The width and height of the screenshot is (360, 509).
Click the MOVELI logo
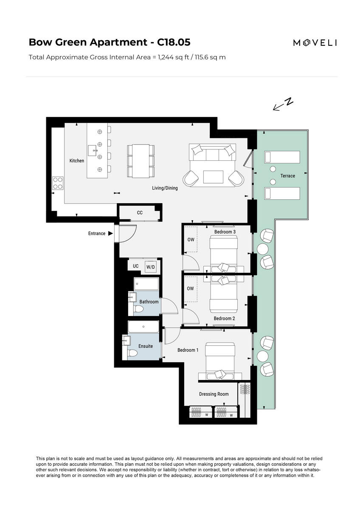pyautogui.click(x=315, y=42)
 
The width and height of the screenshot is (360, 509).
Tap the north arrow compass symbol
pyautogui.click(x=283, y=104)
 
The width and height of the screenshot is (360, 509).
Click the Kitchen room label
pyautogui.click(x=77, y=161)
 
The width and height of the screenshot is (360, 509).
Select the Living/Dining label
pyautogui.click(x=165, y=188)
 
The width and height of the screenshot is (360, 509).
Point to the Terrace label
pyautogui.click(x=287, y=176)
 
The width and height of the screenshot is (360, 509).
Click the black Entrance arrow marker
pyautogui.click(x=110, y=233)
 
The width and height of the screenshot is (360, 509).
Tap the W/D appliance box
pyautogui.click(x=151, y=267)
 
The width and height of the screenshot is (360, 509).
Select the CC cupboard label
pyautogui.click(x=140, y=213)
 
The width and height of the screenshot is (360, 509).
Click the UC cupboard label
pyautogui.click(x=135, y=266)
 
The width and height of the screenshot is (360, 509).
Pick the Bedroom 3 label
pyautogui.click(x=225, y=232)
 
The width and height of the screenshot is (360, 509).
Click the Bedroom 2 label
pyautogui.click(x=224, y=319)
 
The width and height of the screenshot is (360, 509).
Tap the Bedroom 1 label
pyautogui.click(x=188, y=350)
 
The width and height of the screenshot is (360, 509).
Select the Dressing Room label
pyautogui.click(x=214, y=394)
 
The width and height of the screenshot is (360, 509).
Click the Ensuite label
pyautogui.click(x=145, y=346)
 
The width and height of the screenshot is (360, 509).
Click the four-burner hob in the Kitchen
pyautogui.click(x=58, y=182)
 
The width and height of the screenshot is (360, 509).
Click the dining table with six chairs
pyautogui.click(x=141, y=161)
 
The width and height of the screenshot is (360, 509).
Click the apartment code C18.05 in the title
pyautogui.click(x=174, y=42)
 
